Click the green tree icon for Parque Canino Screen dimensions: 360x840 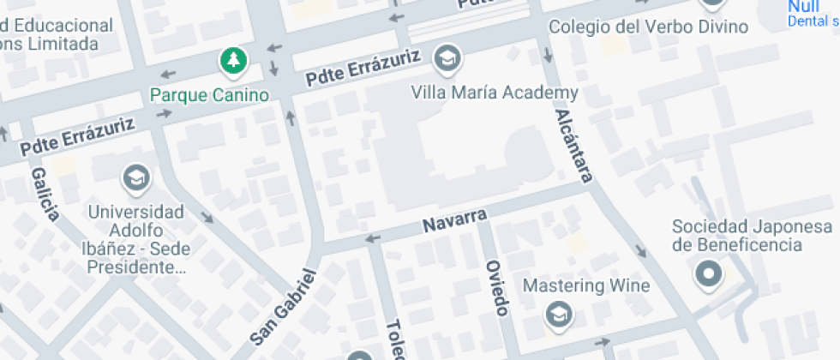232,60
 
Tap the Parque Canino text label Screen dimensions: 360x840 209,94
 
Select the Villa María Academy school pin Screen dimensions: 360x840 447,58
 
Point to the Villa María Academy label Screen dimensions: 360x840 495,93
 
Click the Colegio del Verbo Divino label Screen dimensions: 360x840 649,27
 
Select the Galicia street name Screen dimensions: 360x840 45,194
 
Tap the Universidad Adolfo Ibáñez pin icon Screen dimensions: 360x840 135,178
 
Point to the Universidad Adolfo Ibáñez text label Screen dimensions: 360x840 135,239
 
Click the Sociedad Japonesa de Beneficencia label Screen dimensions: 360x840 752,236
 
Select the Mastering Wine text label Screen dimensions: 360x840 586,285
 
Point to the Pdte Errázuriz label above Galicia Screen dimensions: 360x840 79,137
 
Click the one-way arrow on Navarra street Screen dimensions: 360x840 372,238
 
